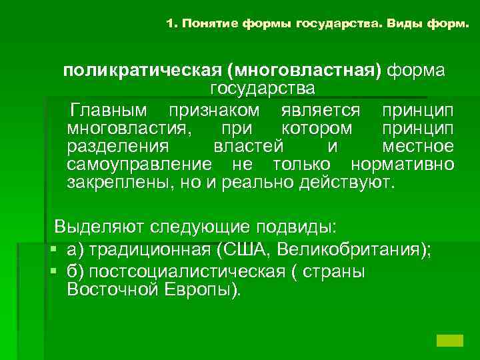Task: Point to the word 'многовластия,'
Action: coord(123,127)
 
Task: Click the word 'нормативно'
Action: coord(403,164)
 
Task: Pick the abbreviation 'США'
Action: coord(244,250)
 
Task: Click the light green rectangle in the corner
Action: coord(449,339)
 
